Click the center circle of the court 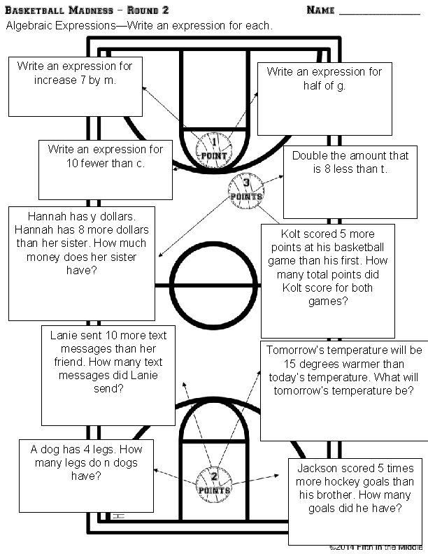pos(214,285)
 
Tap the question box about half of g pos(324,98)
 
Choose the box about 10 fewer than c pos(105,169)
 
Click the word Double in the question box pos(309,156)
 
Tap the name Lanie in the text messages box pos(64,335)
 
